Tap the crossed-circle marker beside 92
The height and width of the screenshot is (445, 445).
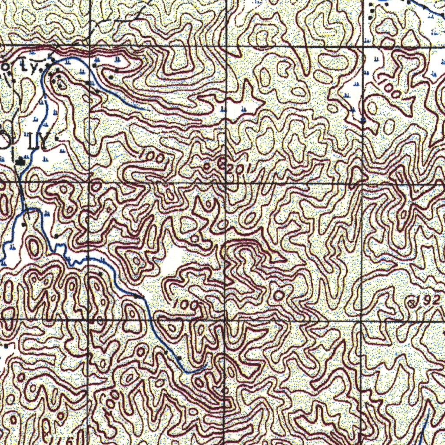[x=412, y=303]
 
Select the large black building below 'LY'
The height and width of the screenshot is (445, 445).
[x=20, y=162]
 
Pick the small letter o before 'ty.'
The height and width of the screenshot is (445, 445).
[x=5, y=66]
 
